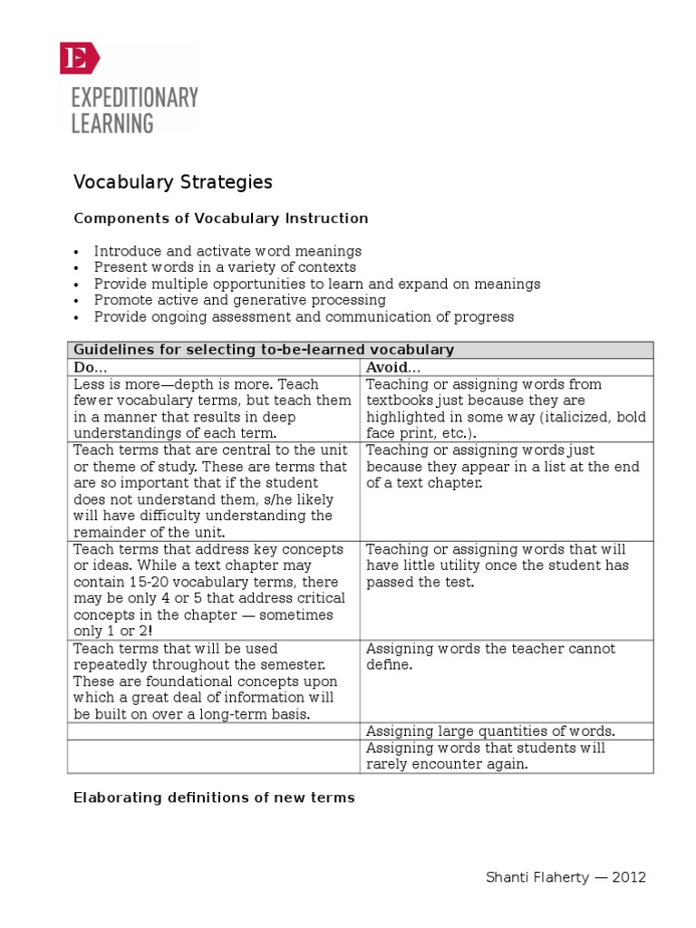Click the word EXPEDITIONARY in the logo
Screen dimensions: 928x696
[134, 98]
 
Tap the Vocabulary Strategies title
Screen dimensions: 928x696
[172, 182]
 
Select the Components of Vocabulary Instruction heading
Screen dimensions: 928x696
[220, 218]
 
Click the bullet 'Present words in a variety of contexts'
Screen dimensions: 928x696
[225, 267]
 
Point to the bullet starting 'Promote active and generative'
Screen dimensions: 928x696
[239, 300]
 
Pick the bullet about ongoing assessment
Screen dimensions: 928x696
[304, 316]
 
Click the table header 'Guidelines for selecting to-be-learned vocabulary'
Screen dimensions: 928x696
[263, 350]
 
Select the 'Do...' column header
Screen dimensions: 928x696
[90, 367]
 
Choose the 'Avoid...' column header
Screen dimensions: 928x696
[392, 367]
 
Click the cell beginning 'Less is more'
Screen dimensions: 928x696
[212, 409]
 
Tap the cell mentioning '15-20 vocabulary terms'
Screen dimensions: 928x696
[212, 591]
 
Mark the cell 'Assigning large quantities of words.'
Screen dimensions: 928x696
[490, 731]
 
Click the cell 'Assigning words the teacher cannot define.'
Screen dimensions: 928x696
[490, 657]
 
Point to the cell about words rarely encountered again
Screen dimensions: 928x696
[485, 756]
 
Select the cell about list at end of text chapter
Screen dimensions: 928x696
[503, 467]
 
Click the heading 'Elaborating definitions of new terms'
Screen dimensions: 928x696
[214, 797]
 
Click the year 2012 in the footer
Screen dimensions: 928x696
[630, 877]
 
